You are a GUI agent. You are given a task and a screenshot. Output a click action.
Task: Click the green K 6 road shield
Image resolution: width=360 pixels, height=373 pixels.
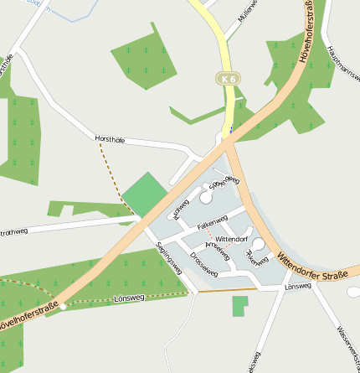tap(228, 79)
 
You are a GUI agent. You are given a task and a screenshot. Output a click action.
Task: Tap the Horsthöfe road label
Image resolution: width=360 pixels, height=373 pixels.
tap(110, 140)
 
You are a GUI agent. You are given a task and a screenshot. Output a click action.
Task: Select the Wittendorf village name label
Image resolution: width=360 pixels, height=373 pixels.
tap(232, 239)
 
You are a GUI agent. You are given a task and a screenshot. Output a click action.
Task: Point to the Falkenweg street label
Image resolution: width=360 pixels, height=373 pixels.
tap(212, 223)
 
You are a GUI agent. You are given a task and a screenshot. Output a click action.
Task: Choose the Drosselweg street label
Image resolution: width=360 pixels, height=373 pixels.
tap(203, 264)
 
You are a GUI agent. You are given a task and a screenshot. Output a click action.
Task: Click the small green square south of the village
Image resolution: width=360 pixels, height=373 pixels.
tap(240, 306)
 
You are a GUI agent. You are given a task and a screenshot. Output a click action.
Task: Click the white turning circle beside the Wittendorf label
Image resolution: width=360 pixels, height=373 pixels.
tap(259, 244)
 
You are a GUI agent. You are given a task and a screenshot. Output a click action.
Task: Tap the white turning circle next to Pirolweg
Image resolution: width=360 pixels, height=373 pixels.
tap(205, 199)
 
